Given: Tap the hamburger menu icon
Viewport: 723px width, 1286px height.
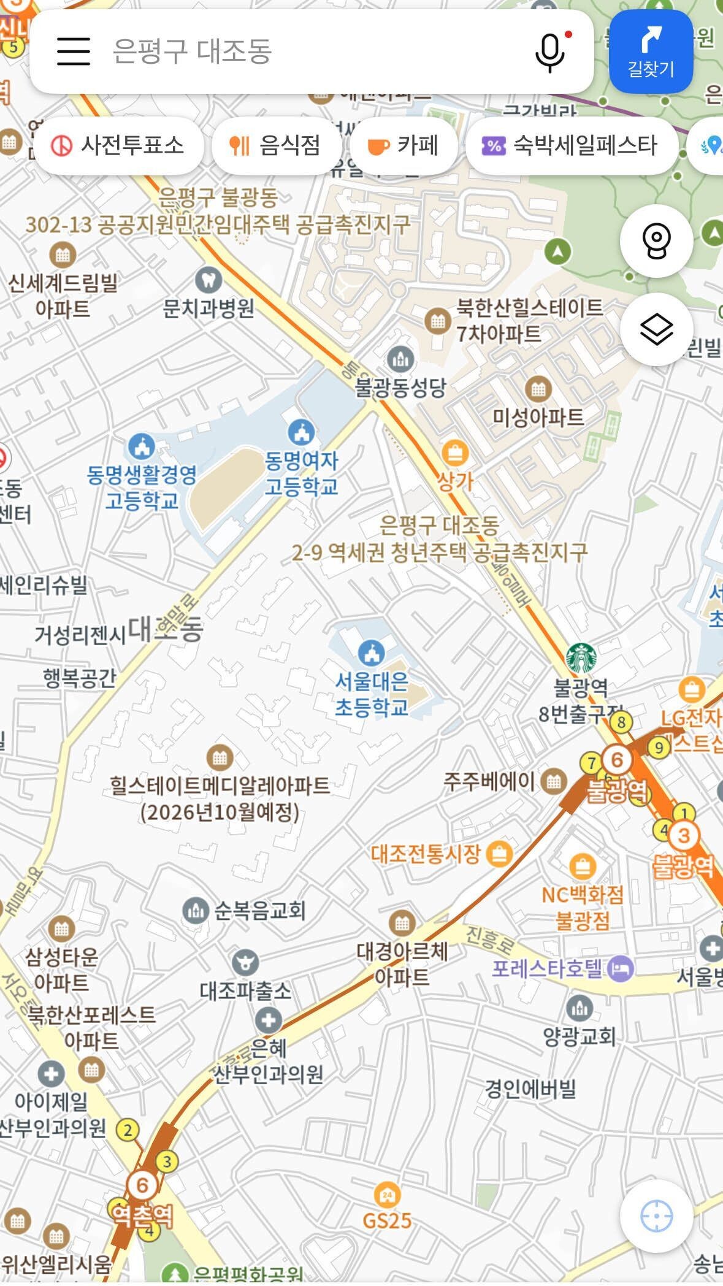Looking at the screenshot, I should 74,51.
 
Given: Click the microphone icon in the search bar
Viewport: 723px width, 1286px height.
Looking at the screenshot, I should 550,52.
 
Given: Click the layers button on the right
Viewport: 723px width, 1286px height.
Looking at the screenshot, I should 656,329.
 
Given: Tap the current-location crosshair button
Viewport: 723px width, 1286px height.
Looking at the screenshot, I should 656,1215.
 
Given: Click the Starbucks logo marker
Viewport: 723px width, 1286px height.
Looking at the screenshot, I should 581,658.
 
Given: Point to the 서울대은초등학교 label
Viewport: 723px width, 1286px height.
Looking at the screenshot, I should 372,694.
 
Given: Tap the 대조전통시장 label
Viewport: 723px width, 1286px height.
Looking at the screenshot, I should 426,854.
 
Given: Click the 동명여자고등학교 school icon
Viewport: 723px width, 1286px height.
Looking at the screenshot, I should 301,432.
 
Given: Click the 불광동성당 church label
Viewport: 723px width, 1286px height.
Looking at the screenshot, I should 400,388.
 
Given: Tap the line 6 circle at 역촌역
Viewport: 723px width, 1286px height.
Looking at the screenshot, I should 142,1185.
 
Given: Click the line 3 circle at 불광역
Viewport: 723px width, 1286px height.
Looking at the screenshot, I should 684,835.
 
